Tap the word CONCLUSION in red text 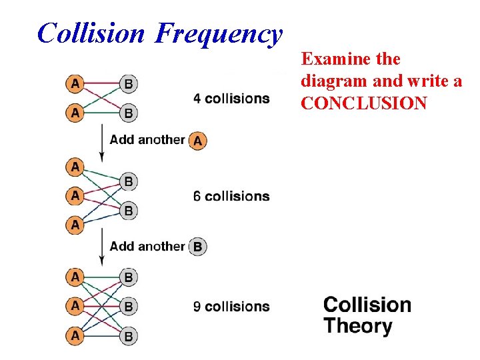pyautogui.click(x=364, y=103)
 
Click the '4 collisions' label pyautogui.click(x=231, y=99)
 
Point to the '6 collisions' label pyautogui.click(x=231, y=196)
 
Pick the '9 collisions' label pyautogui.click(x=231, y=307)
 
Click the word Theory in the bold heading pyautogui.click(x=358, y=327)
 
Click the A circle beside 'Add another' pyautogui.click(x=197, y=141)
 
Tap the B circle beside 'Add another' pyautogui.click(x=197, y=247)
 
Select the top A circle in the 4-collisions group pyautogui.click(x=75, y=84)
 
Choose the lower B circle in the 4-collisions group pyautogui.click(x=129, y=113)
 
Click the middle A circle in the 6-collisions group pyautogui.click(x=75, y=196)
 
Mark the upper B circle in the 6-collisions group pyautogui.click(x=129, y=181)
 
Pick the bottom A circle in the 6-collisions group pyautogui.click(x=75, y=225)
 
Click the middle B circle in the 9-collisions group pyautogui.click(x=129, y=307)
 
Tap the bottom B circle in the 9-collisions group pyautogui.click(x=129, y=336)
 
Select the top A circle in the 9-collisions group pyautogui.click(x=75, y=277)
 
